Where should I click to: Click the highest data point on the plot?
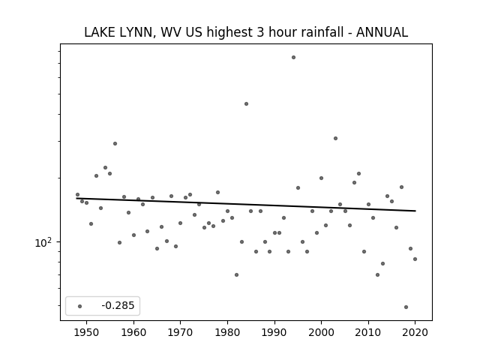[x=293, y=57]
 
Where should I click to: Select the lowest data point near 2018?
[x=406, y=307]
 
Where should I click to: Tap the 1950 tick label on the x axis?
[x=87, y=332]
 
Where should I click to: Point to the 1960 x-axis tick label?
[x=133, y=332]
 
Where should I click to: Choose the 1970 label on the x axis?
[x=181, y=332]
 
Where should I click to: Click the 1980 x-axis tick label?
[x=227, y=332]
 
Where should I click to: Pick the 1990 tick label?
[x=274, y=332]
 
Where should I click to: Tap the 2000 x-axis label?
[x=322, y=332]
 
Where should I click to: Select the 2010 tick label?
[x=368, y=332]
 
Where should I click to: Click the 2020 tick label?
[x=415, y=332]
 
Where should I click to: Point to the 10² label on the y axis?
[x=43, y=242]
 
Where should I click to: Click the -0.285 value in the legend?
[x=118, y=305]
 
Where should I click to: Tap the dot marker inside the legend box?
[x=80, y=306]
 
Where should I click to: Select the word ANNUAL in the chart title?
[x=382, y=32]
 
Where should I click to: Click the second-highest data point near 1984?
[x=247, y=103]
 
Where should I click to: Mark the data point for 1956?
[x=115, y=143]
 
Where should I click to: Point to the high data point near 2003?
[x=335, y=138]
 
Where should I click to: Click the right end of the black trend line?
[x=415, y=211]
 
